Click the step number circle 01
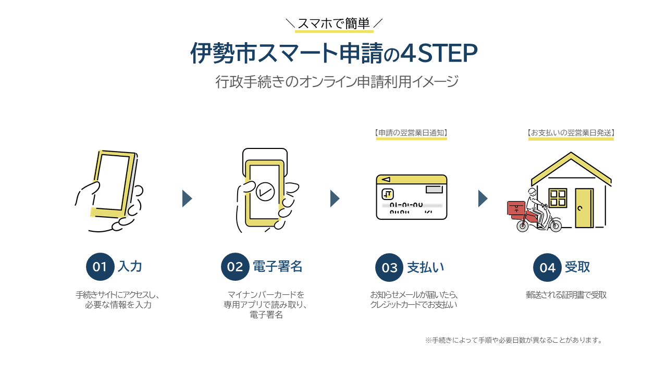[x=100, y=267]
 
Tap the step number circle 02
[x=235, y=267]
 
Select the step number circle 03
[x=389, y=268]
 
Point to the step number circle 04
[x=547, y=268]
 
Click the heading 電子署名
[x=277, y=267]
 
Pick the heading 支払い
[x=425, y=267]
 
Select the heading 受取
[x=577, y=267]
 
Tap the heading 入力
[x=130, y=267]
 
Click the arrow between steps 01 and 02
[x=187, y=198]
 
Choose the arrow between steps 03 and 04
[x=483, y=198]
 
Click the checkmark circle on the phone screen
[x=266, y=191]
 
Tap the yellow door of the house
[x=584, y=208]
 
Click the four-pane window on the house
[x=558, y=198]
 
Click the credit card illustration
[x=411, y=197]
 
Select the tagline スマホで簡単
[x=333, y=23]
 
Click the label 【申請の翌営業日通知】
[x=411, y=133]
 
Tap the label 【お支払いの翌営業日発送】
[x=571, y=133]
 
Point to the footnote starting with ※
[x=514, y=341]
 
